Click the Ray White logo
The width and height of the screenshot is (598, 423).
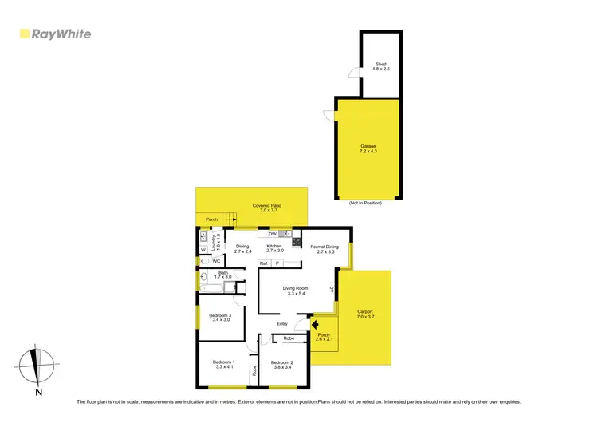pyautogui.click(x=56, y=34)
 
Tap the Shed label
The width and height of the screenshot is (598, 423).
pyautogui.click(x=380, y=66)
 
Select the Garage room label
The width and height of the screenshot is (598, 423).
pyautogui.click(x=368, y=148)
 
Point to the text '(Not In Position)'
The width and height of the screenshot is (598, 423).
pyautogui.click(x=365, y=204)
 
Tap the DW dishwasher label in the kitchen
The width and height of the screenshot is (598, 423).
pyautogui.click(x=273, y=234)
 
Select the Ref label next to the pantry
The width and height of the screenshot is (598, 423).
pyautogui.click(x=263, y=263)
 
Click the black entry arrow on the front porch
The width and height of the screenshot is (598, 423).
pyautogui.click(x=315, y=325)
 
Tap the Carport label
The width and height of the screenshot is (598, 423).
pyautogui.click(x=365, y=314)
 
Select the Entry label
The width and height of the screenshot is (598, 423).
pyautogui.click(x=282, y=324)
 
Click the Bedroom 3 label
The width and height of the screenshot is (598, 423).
pyautogui.click(x=220, y=318)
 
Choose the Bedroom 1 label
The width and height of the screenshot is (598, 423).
pyautogui.click(x=222, y=364)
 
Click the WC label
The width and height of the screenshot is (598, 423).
pyautogui.click(x=216, y=261)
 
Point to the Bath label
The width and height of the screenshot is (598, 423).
pyautogui.click(x=223, y=275)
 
